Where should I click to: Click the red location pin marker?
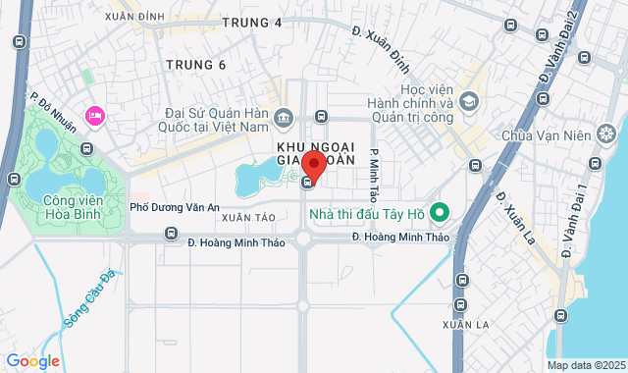click(x=313, y=164)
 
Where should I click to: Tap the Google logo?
click(x=32, y=361)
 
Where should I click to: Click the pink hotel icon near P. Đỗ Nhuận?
click(x=95, y=116)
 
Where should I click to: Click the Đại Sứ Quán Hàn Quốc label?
click(x=217, y=119)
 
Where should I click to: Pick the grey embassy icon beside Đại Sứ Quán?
click(x=283, y=118)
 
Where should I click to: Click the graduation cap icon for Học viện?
click(x=469, y=101)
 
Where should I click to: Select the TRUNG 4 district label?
click(x=251, y=22)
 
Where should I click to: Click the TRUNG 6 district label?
click(x=195, y=65)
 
